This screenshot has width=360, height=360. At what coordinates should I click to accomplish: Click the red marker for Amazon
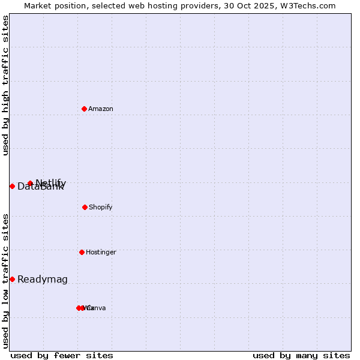84,109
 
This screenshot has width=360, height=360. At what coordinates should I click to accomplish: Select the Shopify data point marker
85,207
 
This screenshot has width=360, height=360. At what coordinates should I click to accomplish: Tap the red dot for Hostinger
82,252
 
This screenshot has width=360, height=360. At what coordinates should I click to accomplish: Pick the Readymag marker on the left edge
12,279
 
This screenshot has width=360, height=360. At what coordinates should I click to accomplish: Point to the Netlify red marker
30,183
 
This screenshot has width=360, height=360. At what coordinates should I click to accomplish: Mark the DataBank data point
12,186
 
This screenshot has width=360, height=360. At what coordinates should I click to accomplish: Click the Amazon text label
101,109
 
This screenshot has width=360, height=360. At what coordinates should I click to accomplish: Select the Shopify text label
101,207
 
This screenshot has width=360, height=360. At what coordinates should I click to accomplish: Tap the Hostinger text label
101,252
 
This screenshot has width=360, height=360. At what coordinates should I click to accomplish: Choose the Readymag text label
43,279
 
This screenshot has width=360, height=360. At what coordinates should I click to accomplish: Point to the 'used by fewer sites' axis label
62,355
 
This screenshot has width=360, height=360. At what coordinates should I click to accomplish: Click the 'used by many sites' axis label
301,355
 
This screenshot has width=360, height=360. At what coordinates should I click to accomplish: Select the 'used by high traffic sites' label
6,85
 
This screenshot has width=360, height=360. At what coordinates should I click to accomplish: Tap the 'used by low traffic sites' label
6,280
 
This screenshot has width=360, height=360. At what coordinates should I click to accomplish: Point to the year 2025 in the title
266,5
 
